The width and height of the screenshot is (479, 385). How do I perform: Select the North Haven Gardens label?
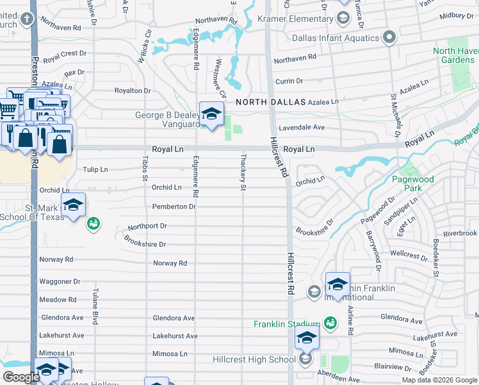click(454, 55)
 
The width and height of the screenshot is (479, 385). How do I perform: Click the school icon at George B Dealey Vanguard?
click(210, 114)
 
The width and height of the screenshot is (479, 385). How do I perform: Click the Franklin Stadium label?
click(286, 323)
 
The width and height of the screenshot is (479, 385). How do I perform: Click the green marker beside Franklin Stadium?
click(330, 322)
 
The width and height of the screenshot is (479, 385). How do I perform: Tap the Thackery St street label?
click(243, 171)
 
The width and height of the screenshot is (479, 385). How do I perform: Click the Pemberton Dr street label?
click(174, 207)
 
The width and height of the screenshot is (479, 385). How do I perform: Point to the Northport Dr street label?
click(147, 226)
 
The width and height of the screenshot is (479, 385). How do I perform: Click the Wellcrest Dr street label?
click(408, 254)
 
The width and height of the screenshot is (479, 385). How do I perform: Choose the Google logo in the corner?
click(21, 377)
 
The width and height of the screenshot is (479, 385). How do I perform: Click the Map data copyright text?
click(439, 380)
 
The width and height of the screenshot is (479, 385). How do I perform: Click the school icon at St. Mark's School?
click(73, 205)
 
